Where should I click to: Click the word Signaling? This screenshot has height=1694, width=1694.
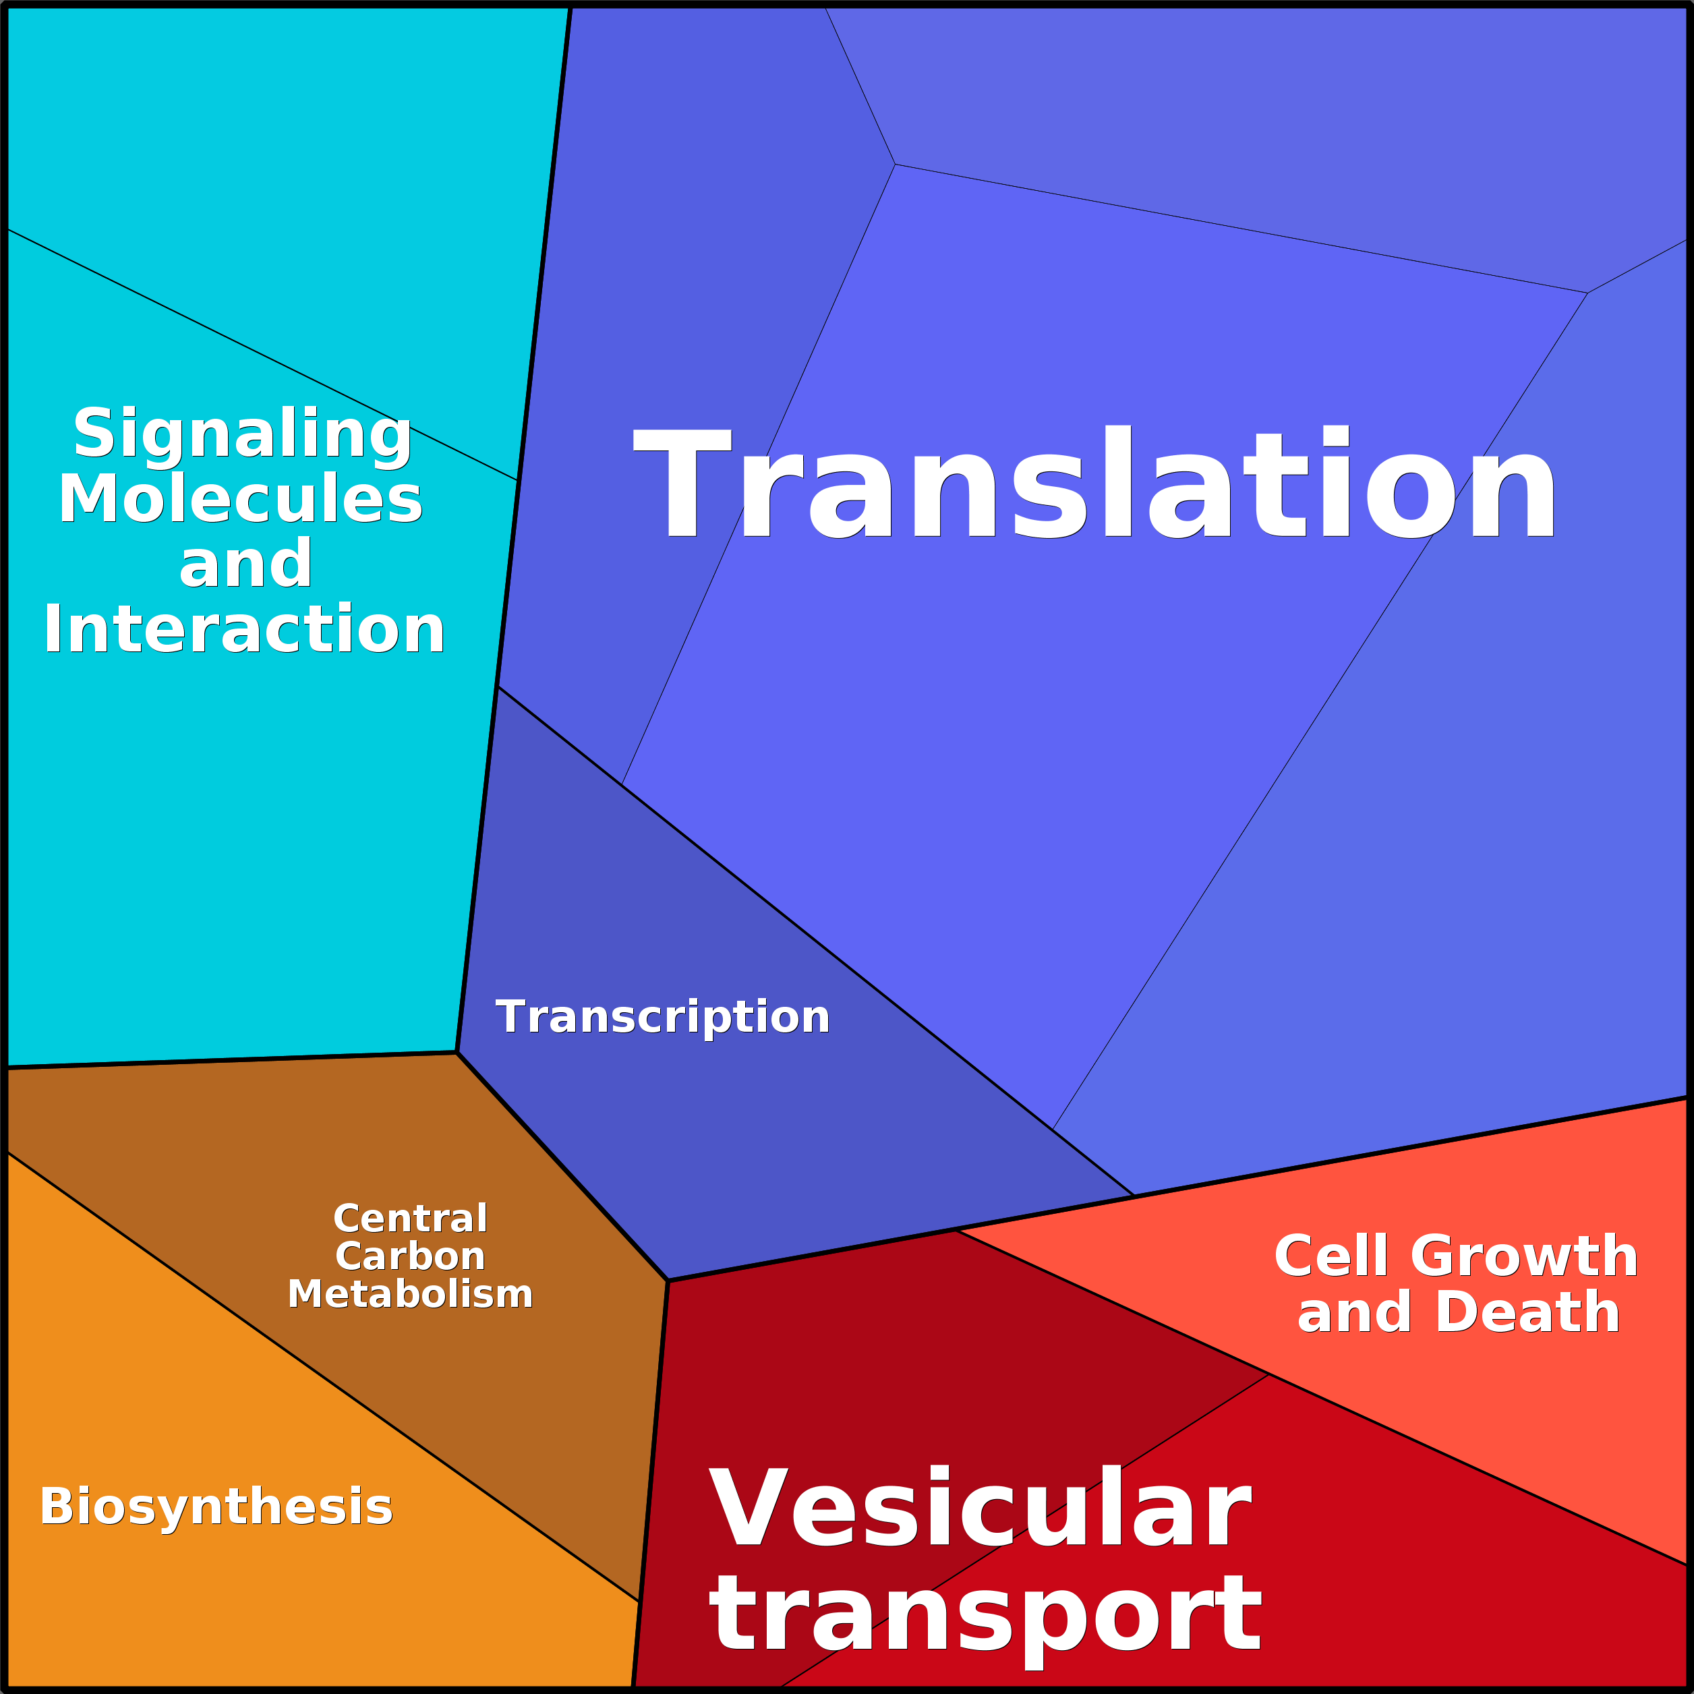(x=242, y=435)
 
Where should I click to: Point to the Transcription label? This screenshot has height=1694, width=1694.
(x=663, y=1016)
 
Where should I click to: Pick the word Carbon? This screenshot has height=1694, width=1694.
(x=410, y=1256)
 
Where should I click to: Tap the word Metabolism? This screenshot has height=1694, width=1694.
(x=410, y=1294)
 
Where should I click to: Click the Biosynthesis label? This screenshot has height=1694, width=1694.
(x=216, y=1507)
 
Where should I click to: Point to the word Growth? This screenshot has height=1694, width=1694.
(x=1524, y=1256)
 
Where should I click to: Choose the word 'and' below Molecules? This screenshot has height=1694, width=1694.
(x=245, y=564)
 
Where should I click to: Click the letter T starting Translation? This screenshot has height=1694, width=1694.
(x=682, y=481)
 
